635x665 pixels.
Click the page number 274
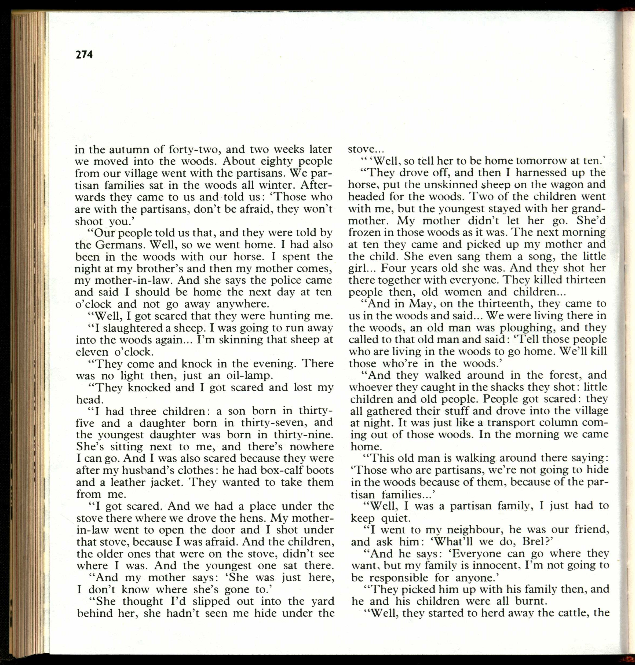(84, 54)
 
